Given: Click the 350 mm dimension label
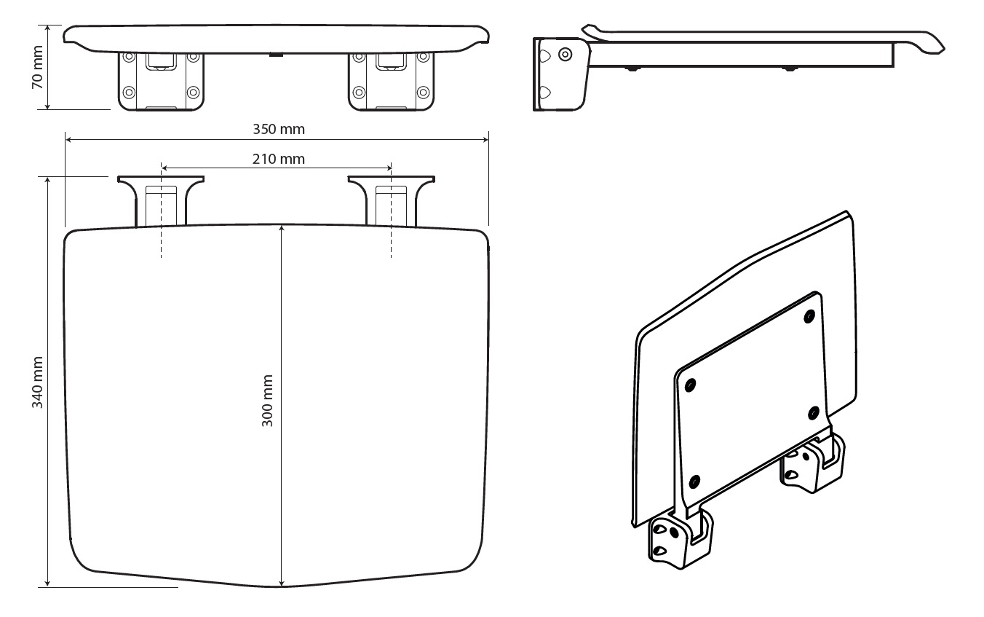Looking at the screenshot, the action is tap(279, 129).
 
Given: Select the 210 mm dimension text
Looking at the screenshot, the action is tap(279, 160).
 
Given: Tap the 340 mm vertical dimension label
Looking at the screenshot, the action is tap(38, 382).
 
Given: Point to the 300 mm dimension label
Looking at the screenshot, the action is tap(267, 401).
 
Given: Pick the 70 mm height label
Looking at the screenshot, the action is tap(38, 67).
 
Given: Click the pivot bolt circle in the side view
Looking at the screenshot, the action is tap(566, 55).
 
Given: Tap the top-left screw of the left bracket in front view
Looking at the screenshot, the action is tap(129, 57).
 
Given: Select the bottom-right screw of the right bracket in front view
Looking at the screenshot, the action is tap(423, 93).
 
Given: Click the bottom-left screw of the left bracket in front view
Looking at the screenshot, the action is tap(129, 93).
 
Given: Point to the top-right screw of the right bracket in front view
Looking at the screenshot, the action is tap(423, 57).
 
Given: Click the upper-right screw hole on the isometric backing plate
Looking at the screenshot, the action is tap(809, 317).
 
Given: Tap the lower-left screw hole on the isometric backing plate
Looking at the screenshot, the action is tap(694, 482).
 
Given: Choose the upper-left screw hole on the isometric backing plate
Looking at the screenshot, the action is tap(690, 385).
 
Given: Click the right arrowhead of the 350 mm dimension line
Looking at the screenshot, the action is tap(485, 140).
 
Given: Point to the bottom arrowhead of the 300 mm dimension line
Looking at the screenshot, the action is tap(282, 583).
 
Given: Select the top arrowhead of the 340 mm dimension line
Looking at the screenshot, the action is tap(47, 181).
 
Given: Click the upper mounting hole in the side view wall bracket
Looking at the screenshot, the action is tap(544, 56).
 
